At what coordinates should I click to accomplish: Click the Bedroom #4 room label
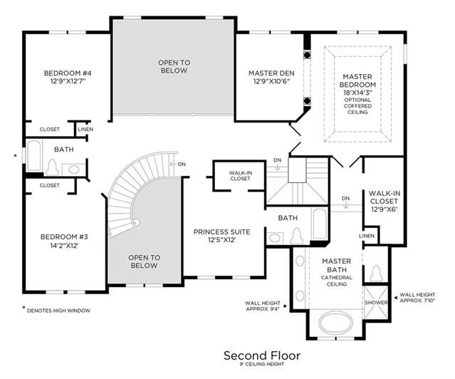pyautogui.click(x=68, y=73)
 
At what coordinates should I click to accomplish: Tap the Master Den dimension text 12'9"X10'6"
pyautogui.click(x=271, y=82)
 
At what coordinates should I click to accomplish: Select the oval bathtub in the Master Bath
pyautogui.click(x=336, y=323)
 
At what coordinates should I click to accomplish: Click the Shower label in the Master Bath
pyautogui.click(x=376, y=302)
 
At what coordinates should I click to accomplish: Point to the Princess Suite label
pyautogui.click(x=221, y=232)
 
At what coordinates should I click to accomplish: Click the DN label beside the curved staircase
pyautogui.click(x=182, y=164)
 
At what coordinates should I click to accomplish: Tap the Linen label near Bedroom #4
pyautogui.click(x=85, y=129)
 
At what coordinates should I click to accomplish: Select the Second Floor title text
pyautogui.click(x=262, y=355)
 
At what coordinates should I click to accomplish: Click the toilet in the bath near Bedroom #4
pyautogui.click(x=52, y=168)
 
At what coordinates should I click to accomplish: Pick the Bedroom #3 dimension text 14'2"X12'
pyautogui.click(x=64, y=246)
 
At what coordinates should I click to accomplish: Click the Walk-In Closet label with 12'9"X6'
pyautogui.click(x=385, y=201)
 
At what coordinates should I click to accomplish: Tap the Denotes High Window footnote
pyautogui.click(x=58, y=311)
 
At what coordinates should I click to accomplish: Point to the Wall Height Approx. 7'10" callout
pyautogui.click(x=417, y=298)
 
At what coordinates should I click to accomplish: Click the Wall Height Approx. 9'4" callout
pyautogui.click(x=263, y=306)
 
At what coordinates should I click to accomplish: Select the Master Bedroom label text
pyautogui.click(x=357, y=81)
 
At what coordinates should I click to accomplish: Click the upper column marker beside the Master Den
pyautogui.click(x=307, y=55)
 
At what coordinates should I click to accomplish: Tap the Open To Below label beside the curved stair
pyautogui.click(x=145, y=261)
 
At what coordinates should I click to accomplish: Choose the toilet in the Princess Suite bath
pyautogui.click(x=296, y=236)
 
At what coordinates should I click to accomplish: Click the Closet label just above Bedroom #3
pyautogui.click(x=49, y=185)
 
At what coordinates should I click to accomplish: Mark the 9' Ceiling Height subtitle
pyautogui.click(x=262, y=364)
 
